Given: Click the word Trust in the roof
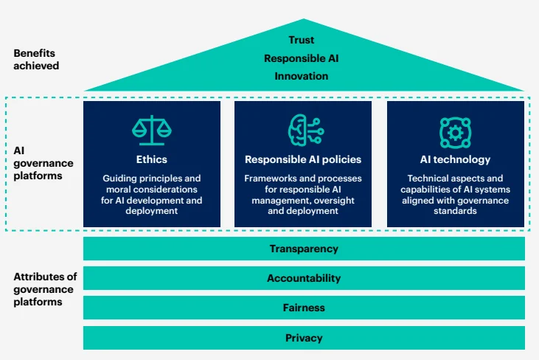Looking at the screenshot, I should point(302,40).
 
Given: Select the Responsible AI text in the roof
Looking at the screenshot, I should point(302,58).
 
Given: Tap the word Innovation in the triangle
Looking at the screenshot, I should point(302,76).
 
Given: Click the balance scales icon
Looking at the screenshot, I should point(151,131).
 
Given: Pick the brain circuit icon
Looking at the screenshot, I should point(302,131).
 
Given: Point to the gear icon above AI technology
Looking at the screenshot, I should point(455,131).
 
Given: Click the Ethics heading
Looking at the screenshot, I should point(151,159).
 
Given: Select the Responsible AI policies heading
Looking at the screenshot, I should point(302,159).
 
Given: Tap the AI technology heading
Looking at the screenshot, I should point(455,159).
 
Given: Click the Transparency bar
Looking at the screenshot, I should point(304,249).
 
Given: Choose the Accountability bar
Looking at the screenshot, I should point(304,278).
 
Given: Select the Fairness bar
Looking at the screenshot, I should point(304,308).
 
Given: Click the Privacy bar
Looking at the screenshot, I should point(304,338).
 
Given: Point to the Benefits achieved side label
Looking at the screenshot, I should point(35,60).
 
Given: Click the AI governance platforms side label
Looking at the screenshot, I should point(38,163).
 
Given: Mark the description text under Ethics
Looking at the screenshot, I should point(151,195).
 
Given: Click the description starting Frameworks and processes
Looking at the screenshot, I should point(302,195).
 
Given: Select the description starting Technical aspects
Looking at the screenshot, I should point(455,195).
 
